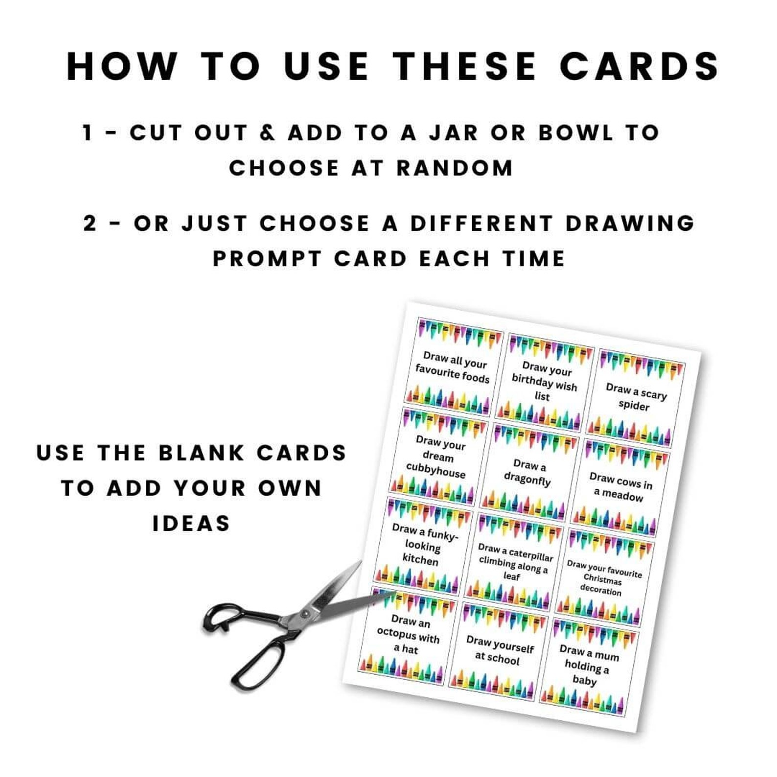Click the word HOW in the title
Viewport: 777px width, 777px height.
tap(121, 66)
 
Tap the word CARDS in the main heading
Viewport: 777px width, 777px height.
tap(639, 66)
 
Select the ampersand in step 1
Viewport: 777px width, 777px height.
tap(268, 133)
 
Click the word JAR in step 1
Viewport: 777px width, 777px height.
tap(453, 133)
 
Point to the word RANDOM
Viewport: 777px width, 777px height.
tap(455, 168)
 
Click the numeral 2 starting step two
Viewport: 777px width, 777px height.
tap(90, 224)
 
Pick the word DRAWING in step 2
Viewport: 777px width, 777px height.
tap(630, 224)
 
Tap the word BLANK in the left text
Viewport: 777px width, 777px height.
tap(201, 453)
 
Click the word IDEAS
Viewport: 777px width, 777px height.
tap(191, 524)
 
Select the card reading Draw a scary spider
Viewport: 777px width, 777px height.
tap(635, 398)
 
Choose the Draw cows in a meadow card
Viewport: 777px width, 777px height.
tap(619, 487)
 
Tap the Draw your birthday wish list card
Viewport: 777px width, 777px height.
tap(544, 381)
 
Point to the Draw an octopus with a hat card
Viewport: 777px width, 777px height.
tap(408, 635)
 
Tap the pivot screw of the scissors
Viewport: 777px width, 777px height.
tap(305, 614)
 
